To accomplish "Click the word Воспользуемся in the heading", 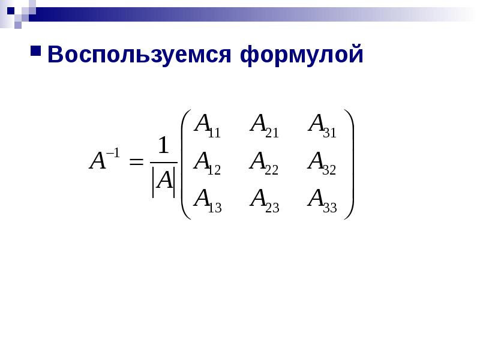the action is pyautogui.click(x=139, y=55).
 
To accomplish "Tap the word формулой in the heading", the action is pyautogui.click(x=302, y=55).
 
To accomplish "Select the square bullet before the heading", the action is pyautogui.click(x=36, y=51).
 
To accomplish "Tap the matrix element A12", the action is pyautogui.click(x=207, y=163).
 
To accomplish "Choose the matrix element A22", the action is pyautogui.click(x=264, y=163).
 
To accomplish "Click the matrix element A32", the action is pyautogui.click(x=322, y=163).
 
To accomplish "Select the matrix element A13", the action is pyautogui.click(x=208, y=201).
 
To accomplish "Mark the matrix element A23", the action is pyautogui.click(x=265, y=201).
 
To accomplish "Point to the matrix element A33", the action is pyautogui.click(x=322, y=201).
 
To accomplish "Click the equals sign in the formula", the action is pyautogui.click(x=136, y=161).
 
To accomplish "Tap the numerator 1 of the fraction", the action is pyautogui.click(x=163, y=145).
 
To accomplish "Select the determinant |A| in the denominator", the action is pyautogui.click(x=164, y=182).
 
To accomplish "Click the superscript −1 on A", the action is pyautogui.click(x=113, y=153).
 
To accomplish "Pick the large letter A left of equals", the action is pyautogui.click(x=97, y=161).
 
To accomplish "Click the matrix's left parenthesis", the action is pyautogui.click(x=186, y=164).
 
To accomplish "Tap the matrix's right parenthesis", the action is pyautogui.click(x=349, y=164).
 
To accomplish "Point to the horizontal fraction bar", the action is pyautogui.click(x=164, y=162).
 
